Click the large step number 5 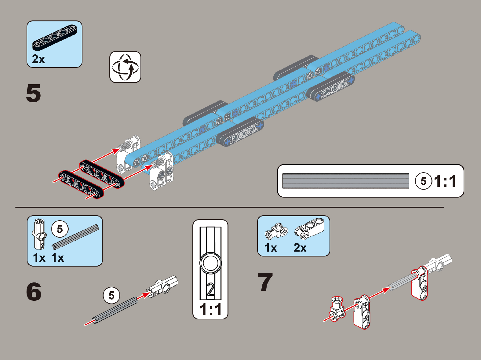click(33, 93)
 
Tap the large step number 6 click(34, 292)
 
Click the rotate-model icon click(125, 67)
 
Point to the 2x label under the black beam click(38, 59)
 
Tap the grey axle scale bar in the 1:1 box click(345, 181)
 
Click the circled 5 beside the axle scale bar click(423, 181)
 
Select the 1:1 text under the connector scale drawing click(210, 309)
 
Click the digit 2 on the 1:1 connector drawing click(210, 289)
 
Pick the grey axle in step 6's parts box click(75, 236)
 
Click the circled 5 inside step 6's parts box click(60, 229)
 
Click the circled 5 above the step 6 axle click(111, 295)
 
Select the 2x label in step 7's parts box click(300, 248)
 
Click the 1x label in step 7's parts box click(271, 248)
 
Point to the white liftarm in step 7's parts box click(309, 229)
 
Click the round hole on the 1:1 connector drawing click(210, 263)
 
